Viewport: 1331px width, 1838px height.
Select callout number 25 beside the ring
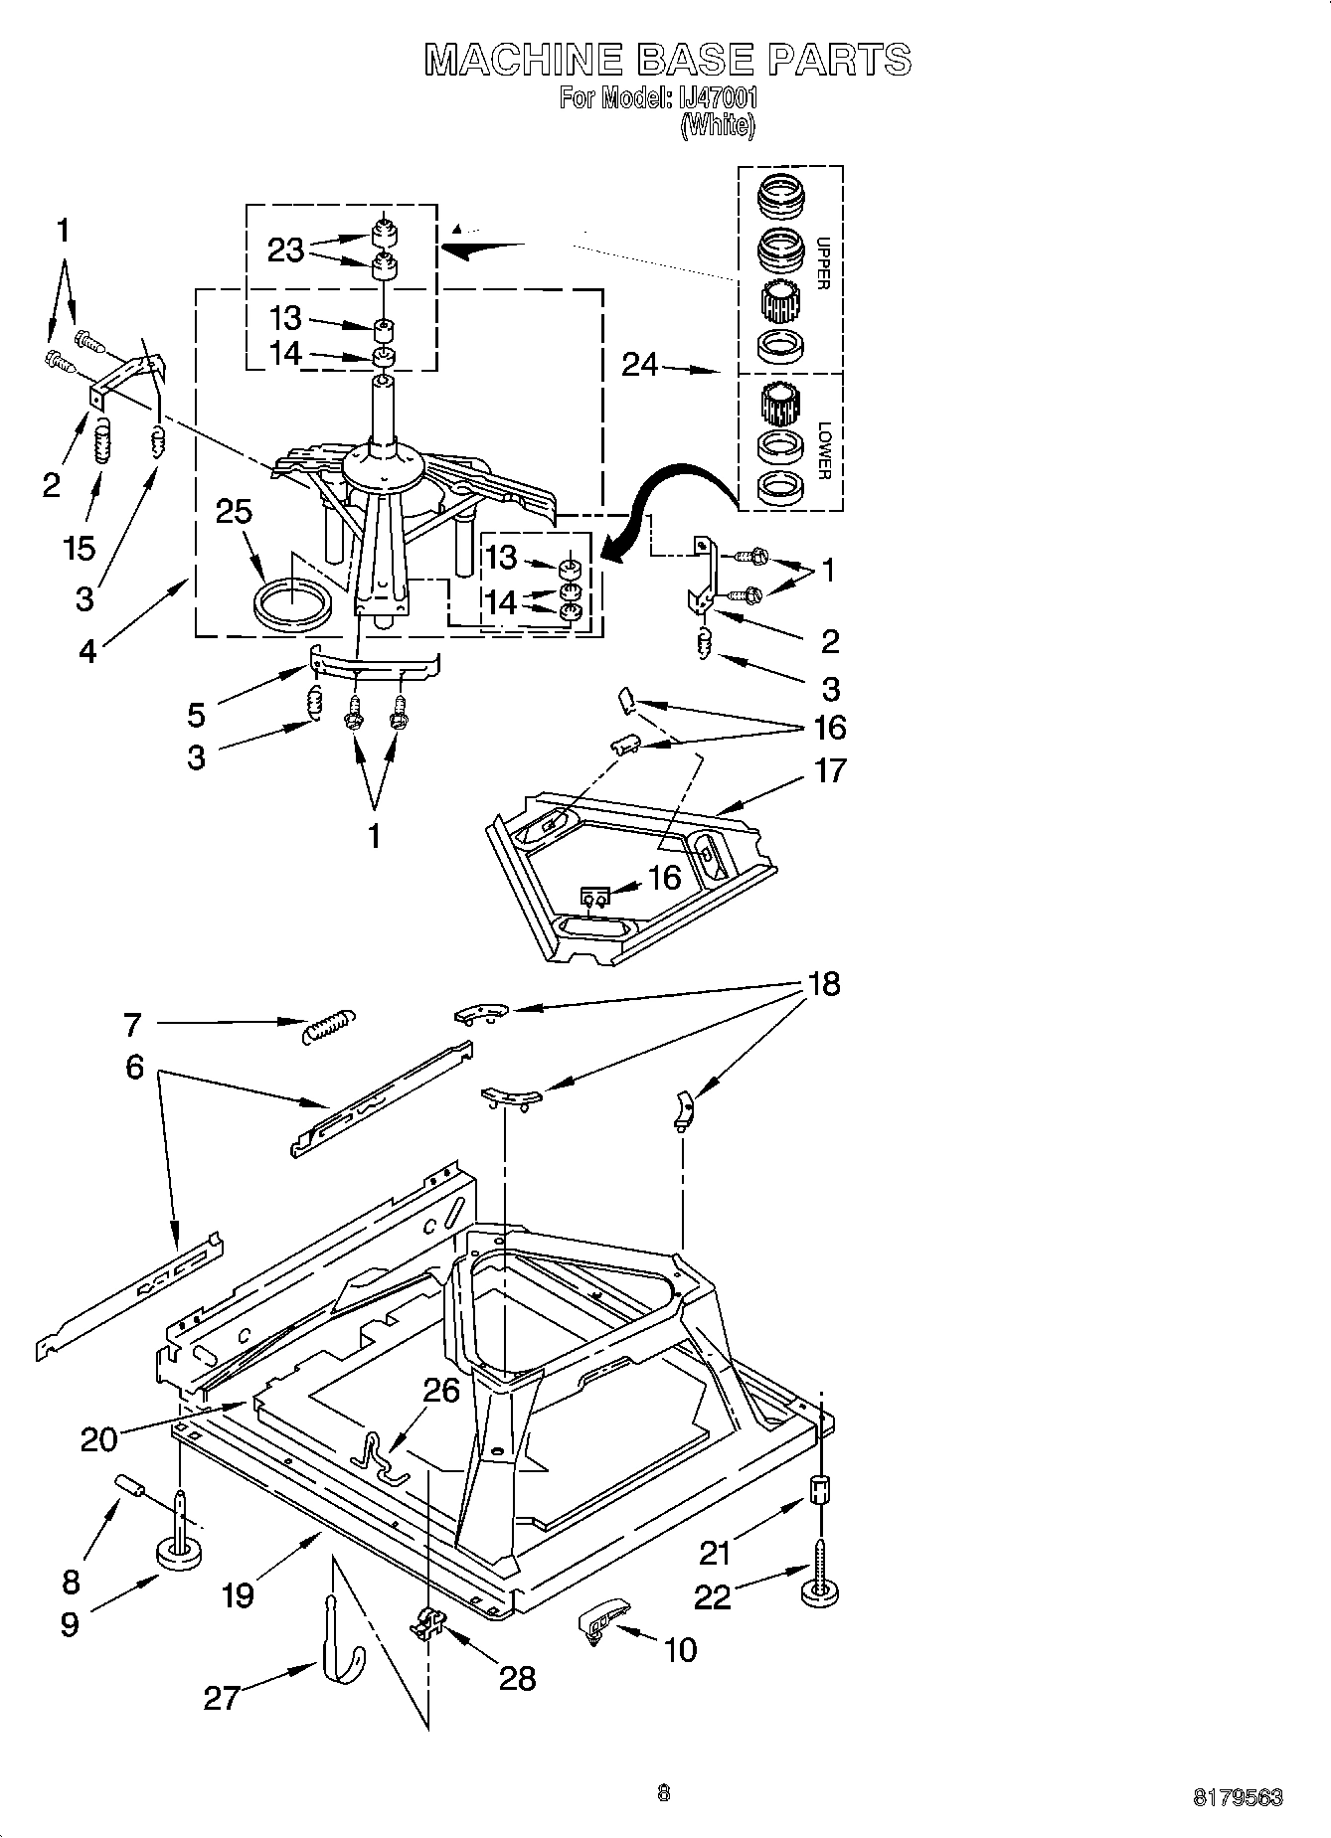click(234, 512)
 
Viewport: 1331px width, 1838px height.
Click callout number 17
click(829, 770)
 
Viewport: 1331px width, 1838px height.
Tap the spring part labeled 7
click(326, 1026)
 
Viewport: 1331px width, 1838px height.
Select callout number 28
click(518, 1678)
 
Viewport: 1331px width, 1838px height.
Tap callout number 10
click(680, 1650)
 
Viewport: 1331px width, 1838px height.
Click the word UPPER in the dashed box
click(822, 263)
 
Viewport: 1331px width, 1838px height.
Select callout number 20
click(98, 1439)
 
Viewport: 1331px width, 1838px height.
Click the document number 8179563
click(1238, 1797)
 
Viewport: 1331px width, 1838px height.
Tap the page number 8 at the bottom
click(664, 1793)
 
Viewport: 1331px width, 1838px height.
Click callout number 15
click(80, 548)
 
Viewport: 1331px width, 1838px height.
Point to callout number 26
click(441, 1389)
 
